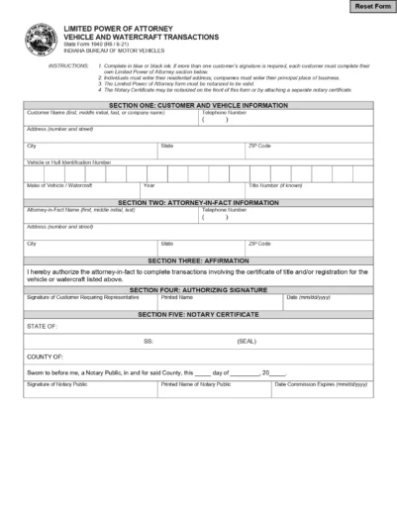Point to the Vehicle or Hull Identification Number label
tap(69, 160)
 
